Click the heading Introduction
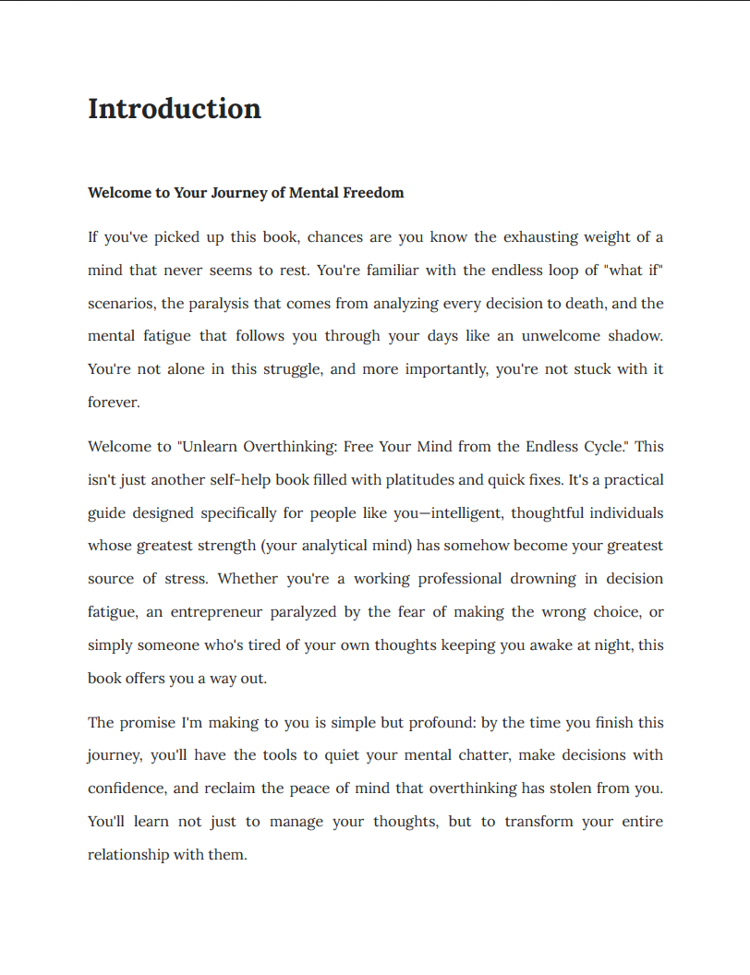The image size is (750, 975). pos(175,109)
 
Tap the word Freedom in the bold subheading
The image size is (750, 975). pos(373,193)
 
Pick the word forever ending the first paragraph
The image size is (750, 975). pos(112,403)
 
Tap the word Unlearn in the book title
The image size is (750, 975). pos(210,447)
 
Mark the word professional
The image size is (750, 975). pos(460,579)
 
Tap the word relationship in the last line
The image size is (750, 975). pos(128,855)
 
